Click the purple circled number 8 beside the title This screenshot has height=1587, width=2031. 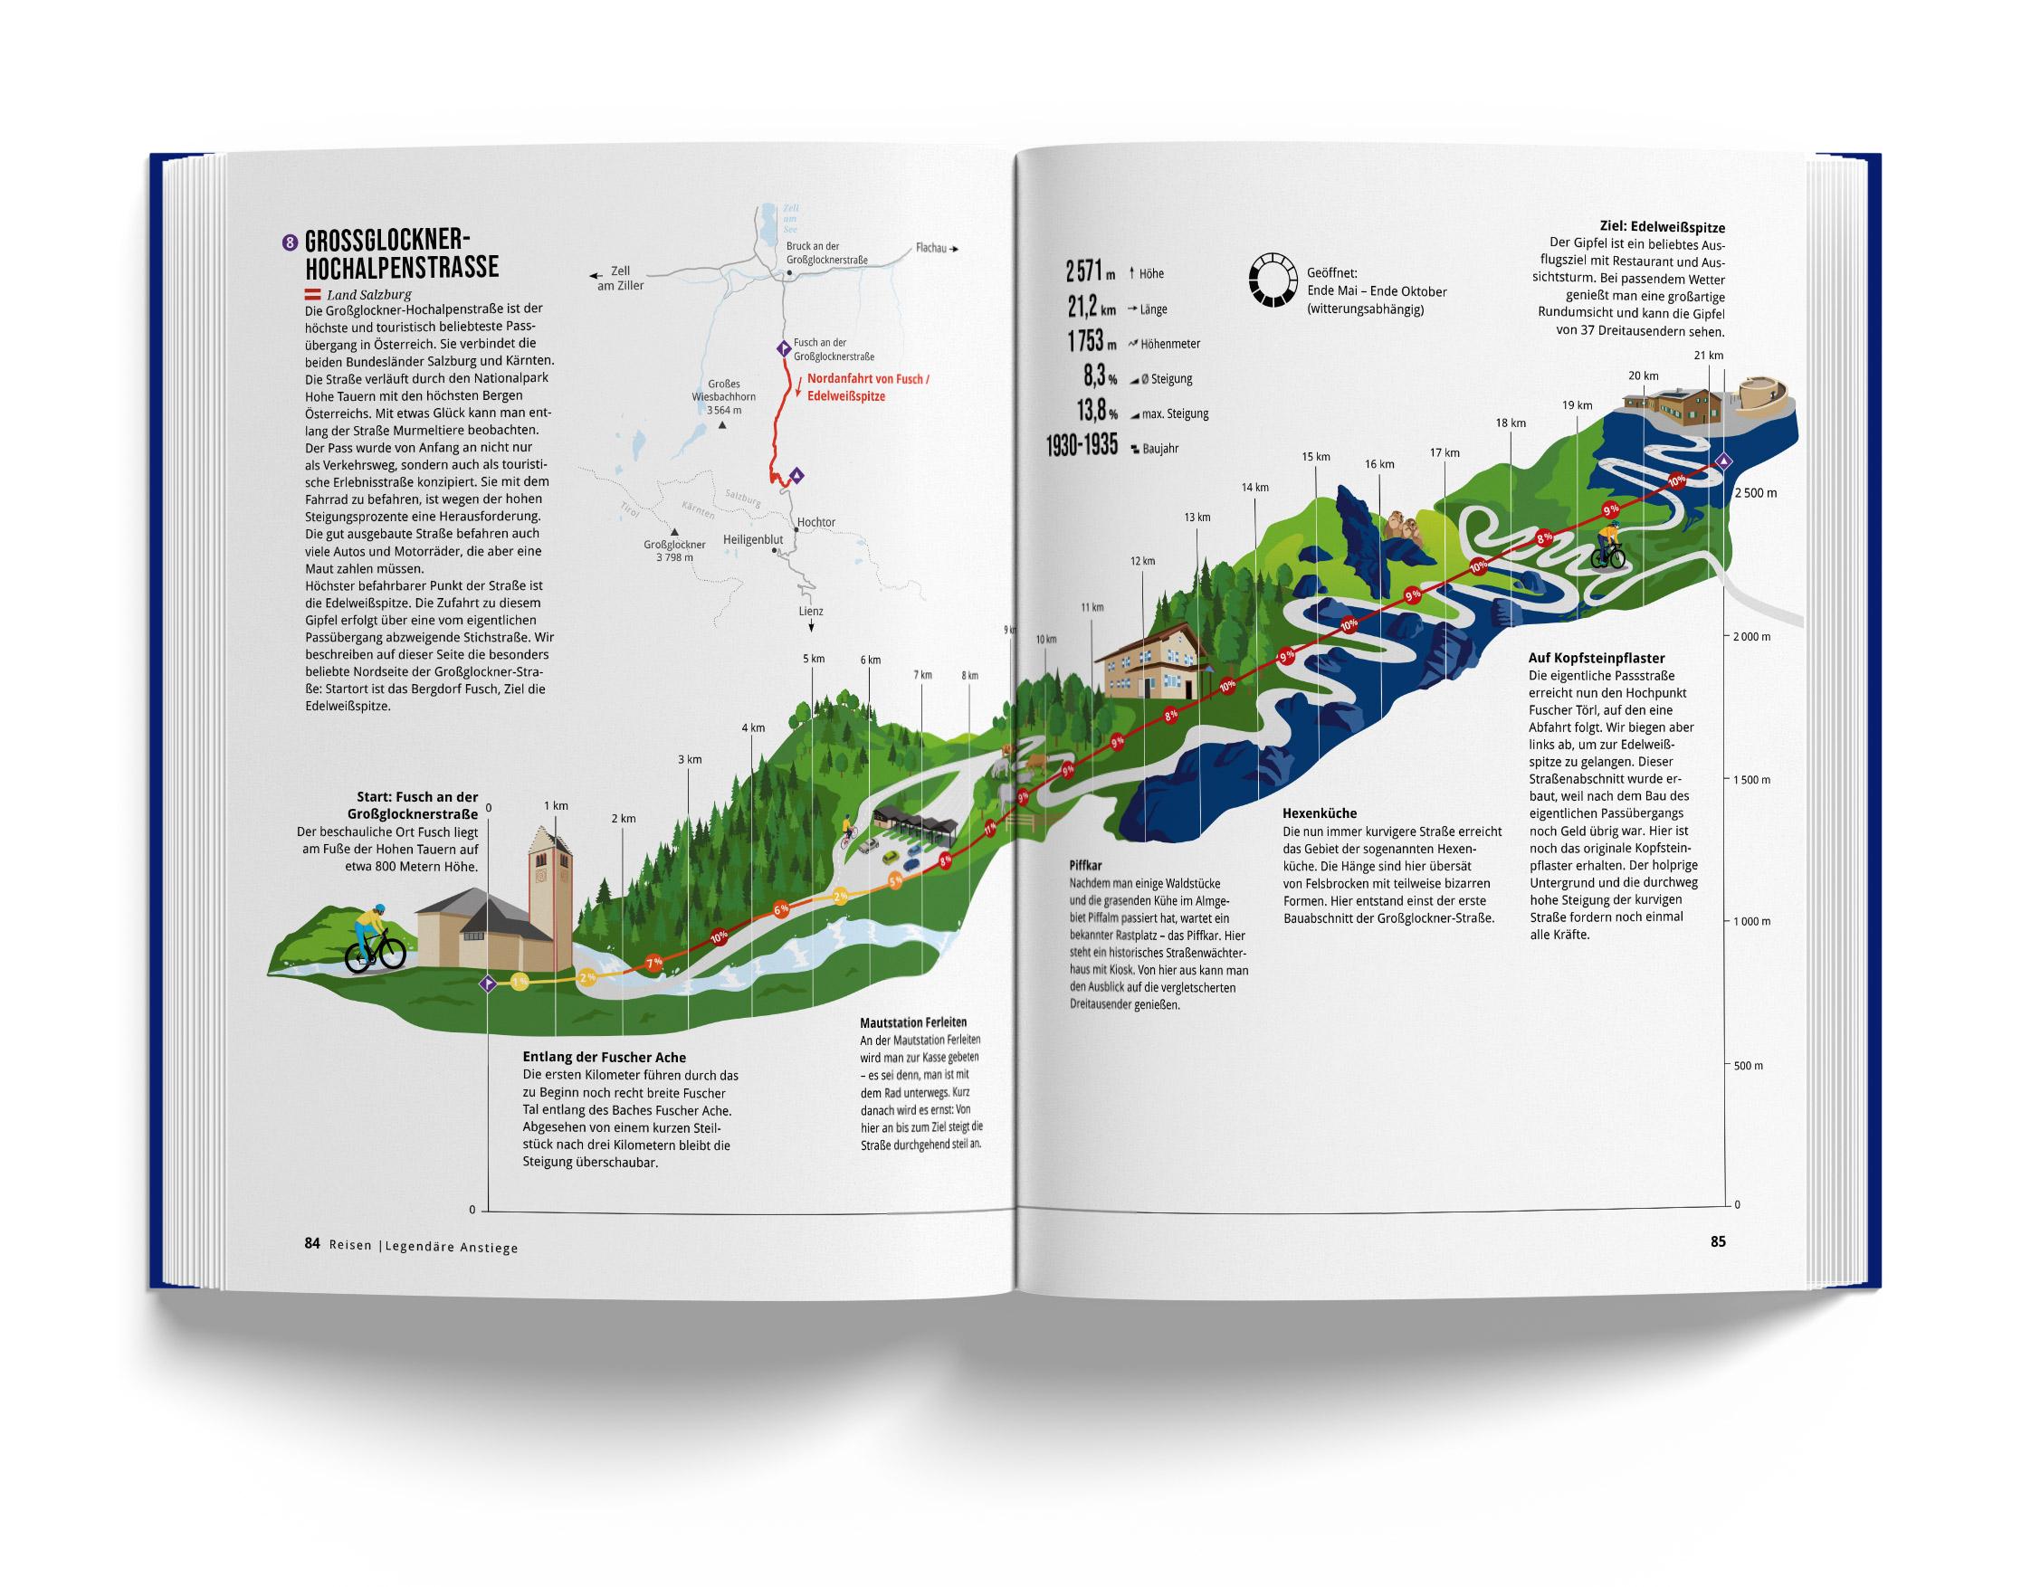click(291, 243)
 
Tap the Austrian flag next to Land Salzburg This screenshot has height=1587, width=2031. click(313, 295)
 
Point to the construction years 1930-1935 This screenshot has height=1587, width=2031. click(1082, 446)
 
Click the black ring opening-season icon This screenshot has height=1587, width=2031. click(1273, 279)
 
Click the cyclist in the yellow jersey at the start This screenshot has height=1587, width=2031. click(375, 937)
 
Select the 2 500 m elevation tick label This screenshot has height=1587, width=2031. click(1755, 493)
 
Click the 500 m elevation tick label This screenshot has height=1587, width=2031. click(1748, 1066)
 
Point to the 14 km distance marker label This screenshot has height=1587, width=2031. click(1254, 487)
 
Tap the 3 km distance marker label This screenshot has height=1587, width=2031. click(689, 759)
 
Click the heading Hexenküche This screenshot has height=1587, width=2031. click(1319, 813)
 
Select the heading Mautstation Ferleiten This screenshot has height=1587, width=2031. click(912, 1022)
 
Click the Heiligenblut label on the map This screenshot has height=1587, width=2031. click(752, 539)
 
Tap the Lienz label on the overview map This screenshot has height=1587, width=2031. click(810, 611)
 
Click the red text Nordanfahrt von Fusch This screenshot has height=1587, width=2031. click(868, 379)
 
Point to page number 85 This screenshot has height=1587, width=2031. click(1718, 1241)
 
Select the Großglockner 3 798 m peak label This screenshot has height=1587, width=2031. click(674, 550)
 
